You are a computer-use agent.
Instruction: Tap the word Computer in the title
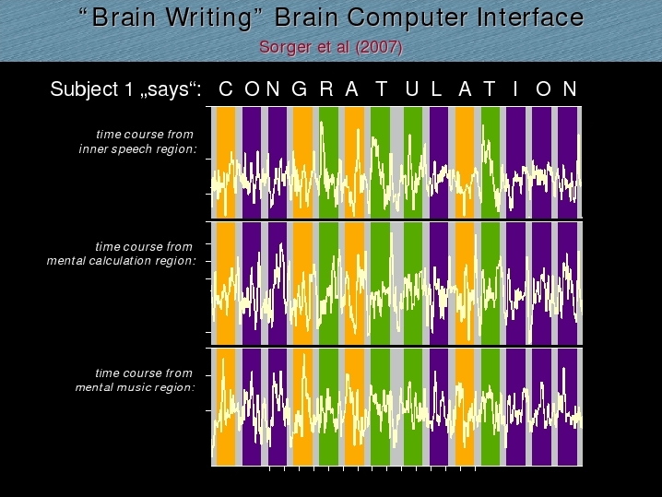(408, 18)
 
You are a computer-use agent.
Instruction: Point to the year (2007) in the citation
(379, 47)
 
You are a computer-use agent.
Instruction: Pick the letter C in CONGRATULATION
(226, 89)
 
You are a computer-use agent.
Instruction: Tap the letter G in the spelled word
(300, 89)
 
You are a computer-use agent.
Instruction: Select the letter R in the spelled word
(326, 89)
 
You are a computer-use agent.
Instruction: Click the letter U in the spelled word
(412, 89)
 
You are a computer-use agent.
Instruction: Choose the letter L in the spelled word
(436, 89)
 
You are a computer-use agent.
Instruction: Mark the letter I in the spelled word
(515, 89)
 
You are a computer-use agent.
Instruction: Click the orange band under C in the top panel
(226, 162)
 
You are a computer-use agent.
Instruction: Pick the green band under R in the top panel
(328, 162)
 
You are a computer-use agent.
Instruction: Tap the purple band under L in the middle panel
(439, 283)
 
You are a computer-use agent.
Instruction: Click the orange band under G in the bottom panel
(302, 407)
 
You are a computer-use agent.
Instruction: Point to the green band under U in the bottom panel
(413, 407)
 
